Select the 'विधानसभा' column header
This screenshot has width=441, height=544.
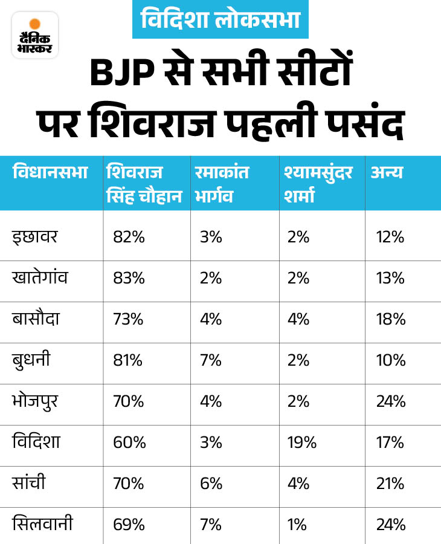(50, 173)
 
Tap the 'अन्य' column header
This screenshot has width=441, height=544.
(387, 173)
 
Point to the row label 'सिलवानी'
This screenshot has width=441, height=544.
(43, 524)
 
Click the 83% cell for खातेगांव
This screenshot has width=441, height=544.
(129, 278)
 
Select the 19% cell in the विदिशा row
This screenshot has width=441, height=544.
(302, 442)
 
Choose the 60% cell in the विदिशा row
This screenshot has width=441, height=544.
(129, 442)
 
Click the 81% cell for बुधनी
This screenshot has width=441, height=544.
(128, 360)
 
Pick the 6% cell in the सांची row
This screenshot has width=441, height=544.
(211, 484)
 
